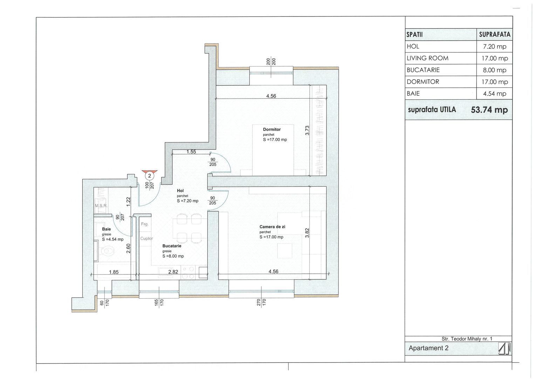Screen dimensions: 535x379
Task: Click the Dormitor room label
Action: pyautogui.click(x=272, y=129)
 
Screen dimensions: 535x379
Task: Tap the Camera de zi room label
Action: pyautogui.click(x=272, y=227)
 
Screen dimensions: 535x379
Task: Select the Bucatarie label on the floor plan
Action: pyautogui.click(x=172, y=246)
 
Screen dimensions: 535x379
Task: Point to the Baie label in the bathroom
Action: pyautogui.click(x=106, y=229)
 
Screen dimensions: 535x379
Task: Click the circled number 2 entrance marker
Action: pyautogui.click(x=150, y=176)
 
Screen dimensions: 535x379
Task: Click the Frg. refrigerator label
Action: pyautogui.click(x=145, y=224)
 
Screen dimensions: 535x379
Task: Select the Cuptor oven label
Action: pyautogui.click(x=147, y=238)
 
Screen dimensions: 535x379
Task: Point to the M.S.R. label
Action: pyautogui.click(x=101, y=206)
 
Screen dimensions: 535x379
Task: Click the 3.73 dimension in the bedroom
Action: pyautogui.click(x=307, y=131)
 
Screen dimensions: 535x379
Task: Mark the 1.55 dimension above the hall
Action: pyautogui.click(x=191, y=152)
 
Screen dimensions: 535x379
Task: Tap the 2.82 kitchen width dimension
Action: pyautogui.click(x=173, y=272)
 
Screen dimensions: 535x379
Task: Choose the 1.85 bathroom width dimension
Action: pyautogui.click(x=114, y=272)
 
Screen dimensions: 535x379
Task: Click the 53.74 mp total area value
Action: pyautogui.click(x=489, y=110)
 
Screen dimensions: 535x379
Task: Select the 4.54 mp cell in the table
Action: pyautogui.click(x=495, y=94)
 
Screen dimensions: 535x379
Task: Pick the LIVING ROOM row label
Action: pyautogui.click(x=427, y=58)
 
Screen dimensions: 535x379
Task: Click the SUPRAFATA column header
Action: pyautogui.click(x=495, y=35)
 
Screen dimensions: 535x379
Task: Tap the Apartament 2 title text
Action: pyautogui.click(x=428, y=348)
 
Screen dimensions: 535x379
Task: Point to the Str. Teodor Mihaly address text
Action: pyautogui.click(x=467, y=339)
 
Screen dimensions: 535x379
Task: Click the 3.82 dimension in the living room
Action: pyautogui.click(x=307, y=233)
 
